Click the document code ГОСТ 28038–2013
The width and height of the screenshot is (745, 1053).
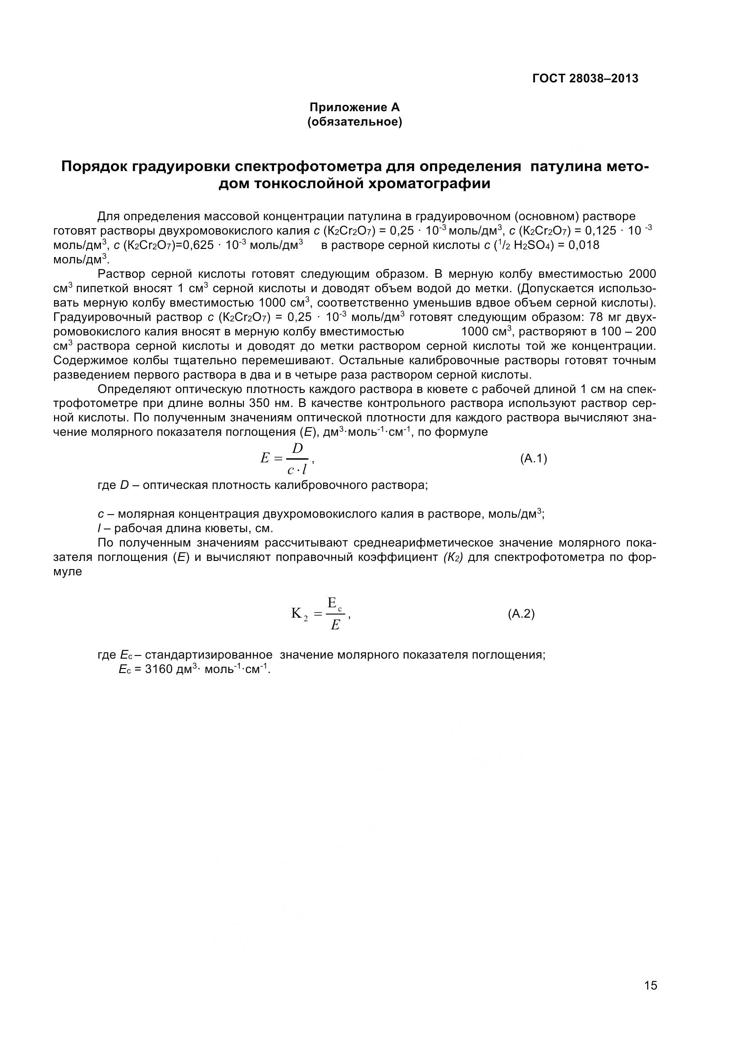click(585, 78)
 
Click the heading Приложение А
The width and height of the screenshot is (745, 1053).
click(354, 107)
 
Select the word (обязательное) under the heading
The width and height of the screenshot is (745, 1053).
click(354, 122)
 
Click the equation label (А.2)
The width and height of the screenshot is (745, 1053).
click(521, 614)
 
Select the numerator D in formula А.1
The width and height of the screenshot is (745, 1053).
click(297, 448)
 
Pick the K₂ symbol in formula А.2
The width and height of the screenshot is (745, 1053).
click(299, 614)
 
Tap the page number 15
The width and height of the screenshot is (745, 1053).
click(650, 985)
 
